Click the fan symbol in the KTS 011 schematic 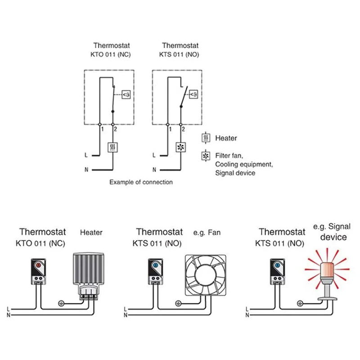point(181,147)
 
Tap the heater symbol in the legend point(206,138)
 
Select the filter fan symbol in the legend point(206,156)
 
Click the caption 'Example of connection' point(141,182)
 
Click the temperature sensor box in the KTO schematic point(126,94)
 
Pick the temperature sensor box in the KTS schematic point(194,94)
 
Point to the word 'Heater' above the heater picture point(91,233)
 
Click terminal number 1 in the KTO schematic point(103,129)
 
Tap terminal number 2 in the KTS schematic point(184,129)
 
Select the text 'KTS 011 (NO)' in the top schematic point(180,55)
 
